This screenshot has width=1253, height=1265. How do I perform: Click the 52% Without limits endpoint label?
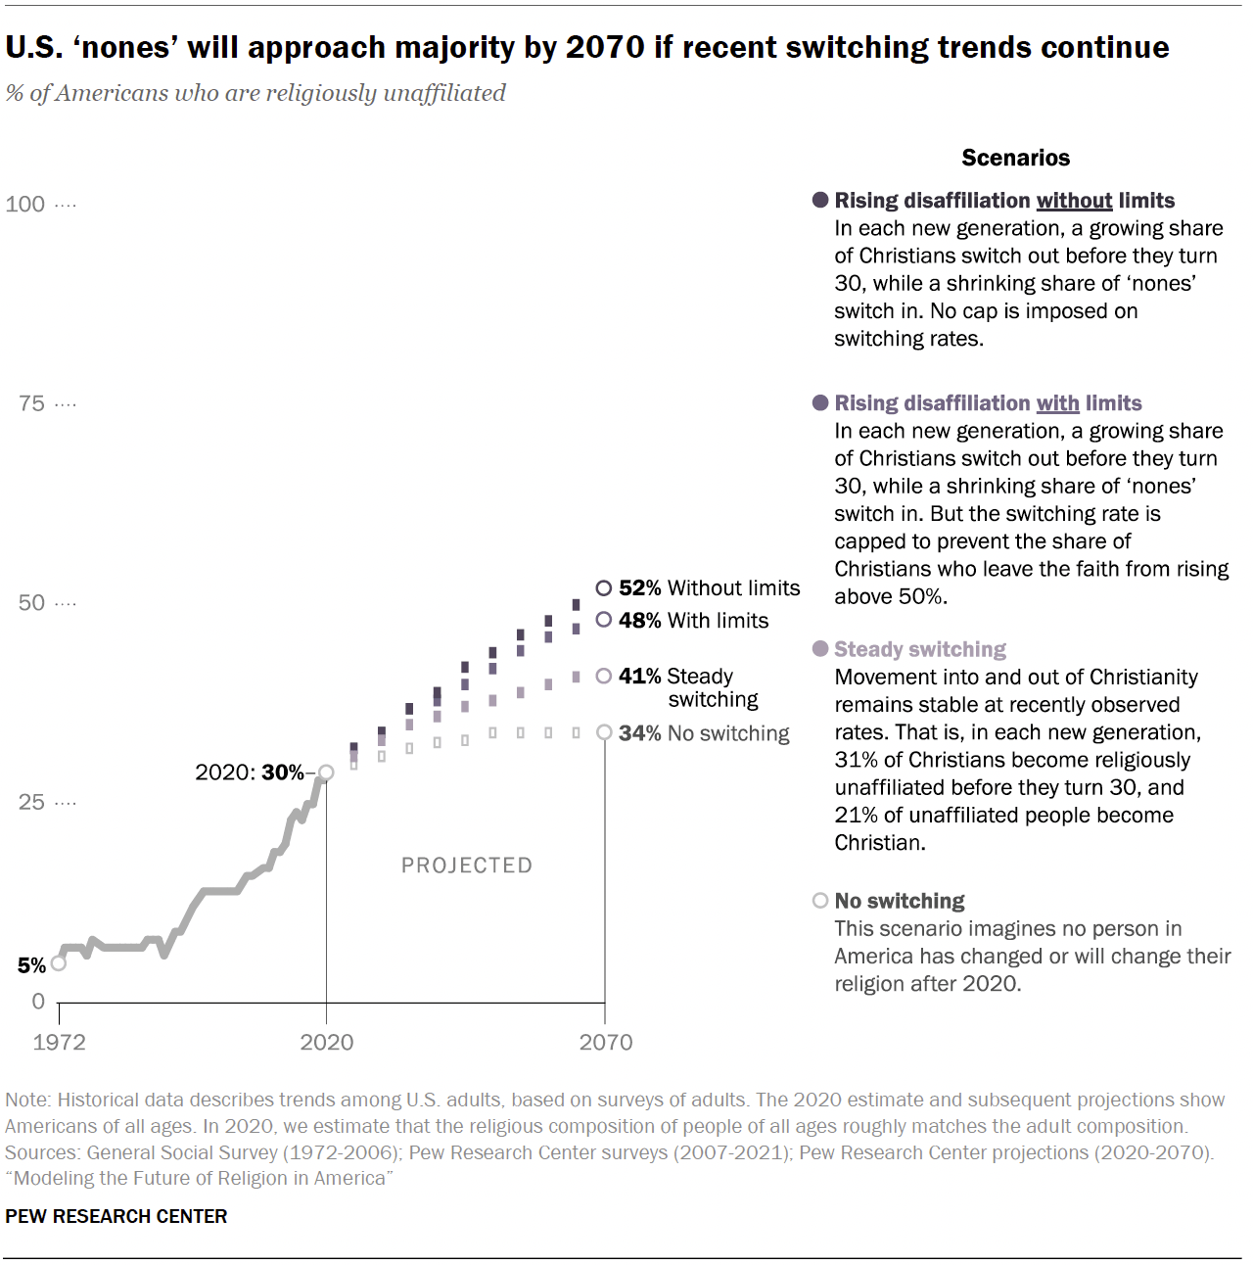(709, 587)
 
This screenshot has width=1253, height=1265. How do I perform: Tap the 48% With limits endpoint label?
(693, 620)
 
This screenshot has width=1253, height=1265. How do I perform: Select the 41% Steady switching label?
(689, 687)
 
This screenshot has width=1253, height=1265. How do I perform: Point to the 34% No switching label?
(703, 733)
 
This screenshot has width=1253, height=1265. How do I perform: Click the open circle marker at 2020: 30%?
(326, 773)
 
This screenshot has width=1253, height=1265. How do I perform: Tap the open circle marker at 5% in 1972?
(59, 963)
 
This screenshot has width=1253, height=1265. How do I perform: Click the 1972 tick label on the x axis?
(59, 1042)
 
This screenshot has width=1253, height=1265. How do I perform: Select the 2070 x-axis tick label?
(605, 1042)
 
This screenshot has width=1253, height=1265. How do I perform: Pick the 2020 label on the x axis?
(326, 1042)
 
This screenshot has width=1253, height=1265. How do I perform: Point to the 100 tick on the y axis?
(25, 204)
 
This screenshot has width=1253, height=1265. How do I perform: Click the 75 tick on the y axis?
(31, 403)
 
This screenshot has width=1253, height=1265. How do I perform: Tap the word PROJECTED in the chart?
(467, 866)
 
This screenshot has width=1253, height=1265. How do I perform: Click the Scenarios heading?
(1015, 158)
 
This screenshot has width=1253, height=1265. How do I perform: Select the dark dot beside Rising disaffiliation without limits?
(820, 200)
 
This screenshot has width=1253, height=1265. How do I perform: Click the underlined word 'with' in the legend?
(1057, 403)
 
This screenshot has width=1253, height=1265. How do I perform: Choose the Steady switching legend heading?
(919, 649)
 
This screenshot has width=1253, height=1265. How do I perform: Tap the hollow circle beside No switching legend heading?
(820, 901)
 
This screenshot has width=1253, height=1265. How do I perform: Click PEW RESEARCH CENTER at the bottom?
(116, 1216)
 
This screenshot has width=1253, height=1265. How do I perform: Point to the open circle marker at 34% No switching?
(605, 732)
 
